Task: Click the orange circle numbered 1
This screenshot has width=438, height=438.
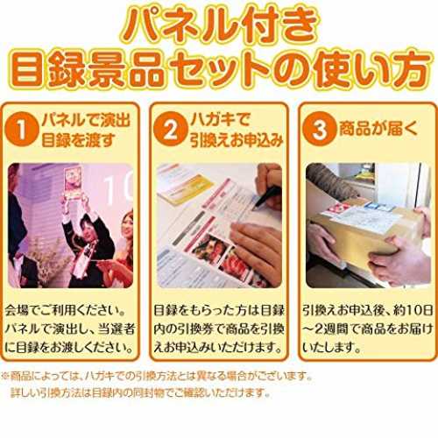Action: [x=22, y=129]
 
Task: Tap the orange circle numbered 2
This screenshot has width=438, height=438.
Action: [x=171, y=129]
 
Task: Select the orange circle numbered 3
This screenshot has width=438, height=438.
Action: [x=320, y=129]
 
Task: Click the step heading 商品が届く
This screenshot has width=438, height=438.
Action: [x=378, y=129]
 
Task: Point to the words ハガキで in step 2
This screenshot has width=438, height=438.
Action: [x=220, y=119]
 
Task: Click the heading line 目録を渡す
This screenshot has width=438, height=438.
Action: [x=78, y=140]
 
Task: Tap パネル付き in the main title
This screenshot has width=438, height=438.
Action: [x=219, y=25]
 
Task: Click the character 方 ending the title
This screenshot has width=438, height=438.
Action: [x=413, y=70]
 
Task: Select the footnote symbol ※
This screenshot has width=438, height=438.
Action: [x=5, y=376]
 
